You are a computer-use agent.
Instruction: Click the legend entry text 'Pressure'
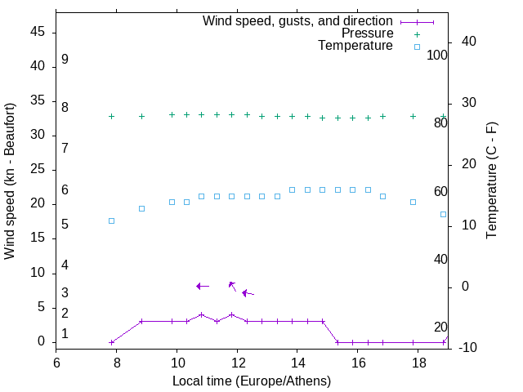(x=367, y=33)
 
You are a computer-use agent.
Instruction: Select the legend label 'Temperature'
(x=355, y=46)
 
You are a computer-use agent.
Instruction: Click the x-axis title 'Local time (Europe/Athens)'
(x=252, y=381)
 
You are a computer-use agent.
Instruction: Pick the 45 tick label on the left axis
(x=38, y=32)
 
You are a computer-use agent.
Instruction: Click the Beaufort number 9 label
(x=65, y=60)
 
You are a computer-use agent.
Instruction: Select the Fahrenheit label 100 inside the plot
(x=438, y=55)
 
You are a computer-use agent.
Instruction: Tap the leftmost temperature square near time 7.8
(x=111, y=220)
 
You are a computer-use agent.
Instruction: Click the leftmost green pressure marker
(x=111, y=116)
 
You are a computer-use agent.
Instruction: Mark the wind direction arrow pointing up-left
(x=232, y=285)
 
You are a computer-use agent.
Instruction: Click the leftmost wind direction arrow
(x=203, y=286)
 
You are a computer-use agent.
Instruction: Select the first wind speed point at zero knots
(x=111, y=342)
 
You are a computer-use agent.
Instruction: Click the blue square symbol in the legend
(x=417, y=47)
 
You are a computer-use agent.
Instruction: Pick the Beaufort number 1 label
(x=65, y=334)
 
